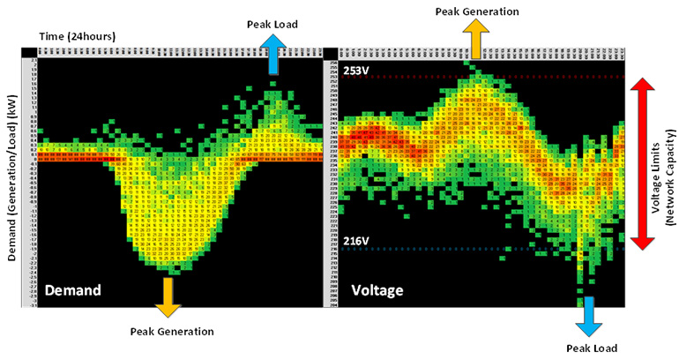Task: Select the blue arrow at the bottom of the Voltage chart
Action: (586, 313)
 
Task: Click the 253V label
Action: (357, 71)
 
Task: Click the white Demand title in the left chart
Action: (73, 289)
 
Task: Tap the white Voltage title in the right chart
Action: (379, 289)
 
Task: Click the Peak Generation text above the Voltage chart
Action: (477, 11)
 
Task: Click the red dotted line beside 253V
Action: (494, 78)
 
